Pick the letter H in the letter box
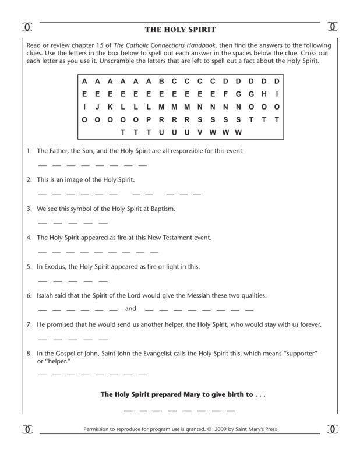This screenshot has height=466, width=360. [x=264, y=94]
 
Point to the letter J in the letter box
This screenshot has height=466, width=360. [x=97, y=107]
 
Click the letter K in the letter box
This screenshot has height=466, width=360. [x=110, y=107]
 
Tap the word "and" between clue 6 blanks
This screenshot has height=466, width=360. [x=130, y=309]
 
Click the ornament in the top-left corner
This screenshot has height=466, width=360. [x=26, y=27]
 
